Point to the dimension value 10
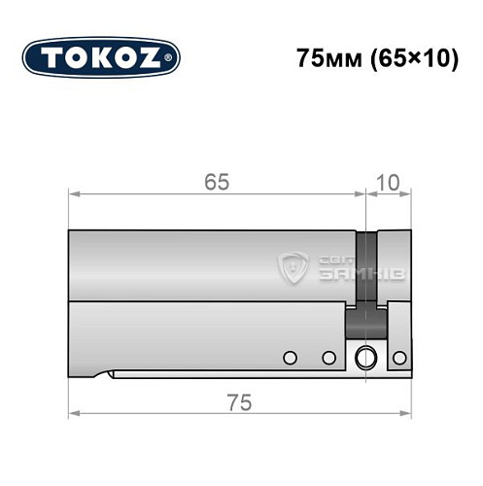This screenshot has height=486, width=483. [389, 182]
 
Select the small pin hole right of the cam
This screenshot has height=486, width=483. [397, 358]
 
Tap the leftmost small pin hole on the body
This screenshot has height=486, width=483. [289, 358]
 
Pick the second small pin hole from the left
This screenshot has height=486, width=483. [328, 358]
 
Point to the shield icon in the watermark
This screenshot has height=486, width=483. [293, 267]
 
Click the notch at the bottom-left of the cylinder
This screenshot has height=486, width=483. [104, 373]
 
